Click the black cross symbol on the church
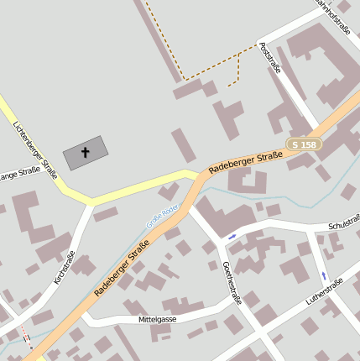click(85, 153)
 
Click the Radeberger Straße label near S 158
click(245, 161)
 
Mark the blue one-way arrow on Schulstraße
click(232, 237)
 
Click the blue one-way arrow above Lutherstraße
click(324, 275)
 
